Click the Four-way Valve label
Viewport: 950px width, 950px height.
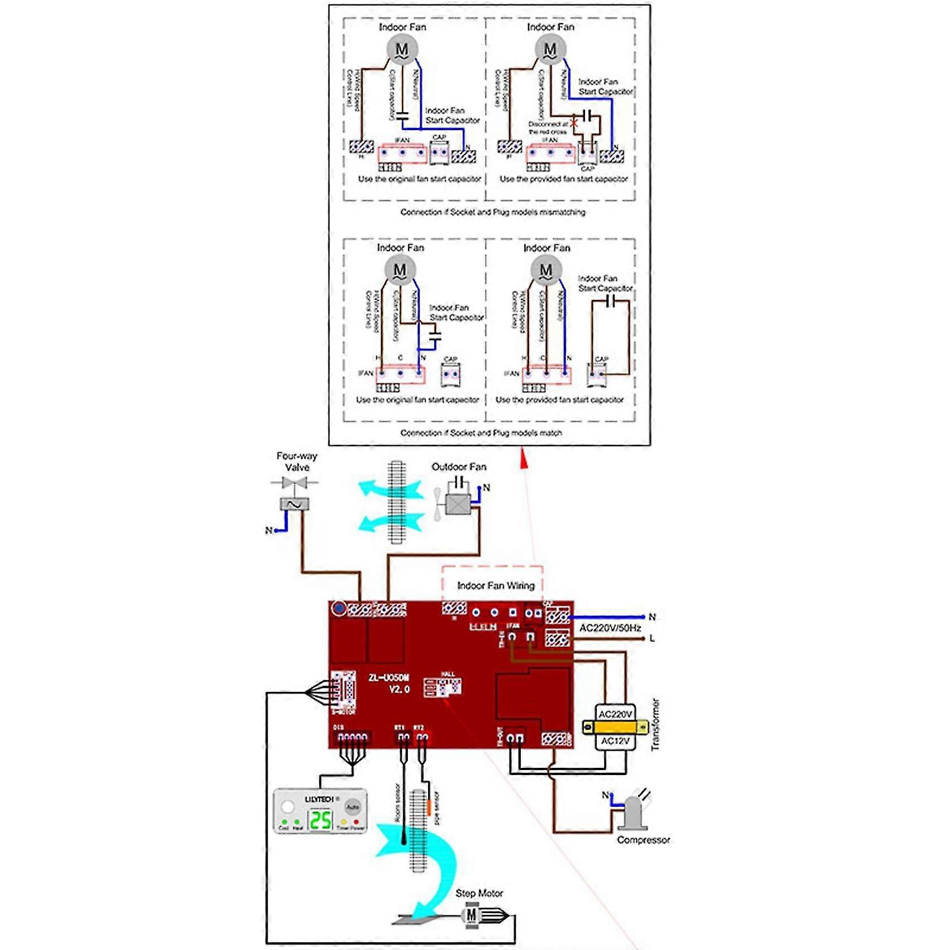click(x=297, y=462)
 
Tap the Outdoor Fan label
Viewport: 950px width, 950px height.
click(x=459, y=467)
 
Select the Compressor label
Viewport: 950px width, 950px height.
click(x=643, y=840)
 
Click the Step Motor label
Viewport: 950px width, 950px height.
click(x=479, y=894)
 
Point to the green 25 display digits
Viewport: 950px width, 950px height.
click(x=321, y=820)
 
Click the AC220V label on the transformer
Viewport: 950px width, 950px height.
click(x=615, y=714)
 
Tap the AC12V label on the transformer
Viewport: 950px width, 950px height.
click(x=615, y=741)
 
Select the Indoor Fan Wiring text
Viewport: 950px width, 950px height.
click(x=496, y=586)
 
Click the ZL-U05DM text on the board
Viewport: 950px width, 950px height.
click(x=389, y=678)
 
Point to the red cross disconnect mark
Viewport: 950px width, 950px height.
click(x=574, y=122)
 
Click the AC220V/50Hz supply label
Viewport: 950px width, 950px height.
click(x=610, y=628)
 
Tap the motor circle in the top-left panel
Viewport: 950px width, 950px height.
click(x=402, y=49)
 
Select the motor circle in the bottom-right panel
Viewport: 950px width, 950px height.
click(x=546, y=270)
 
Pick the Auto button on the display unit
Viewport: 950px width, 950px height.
click(x=352, y=807)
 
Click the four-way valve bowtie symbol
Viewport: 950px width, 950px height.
click(x=294, y=482)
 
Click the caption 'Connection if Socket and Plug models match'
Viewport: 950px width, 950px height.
click(x=481, y=433)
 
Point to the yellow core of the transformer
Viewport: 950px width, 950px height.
click(x=615, y=727)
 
